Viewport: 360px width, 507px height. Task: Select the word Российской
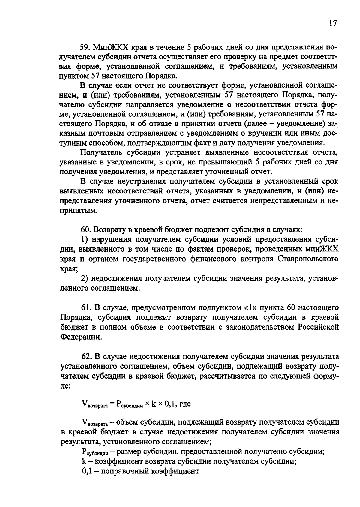318,327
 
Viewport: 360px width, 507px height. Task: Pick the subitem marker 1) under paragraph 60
85,239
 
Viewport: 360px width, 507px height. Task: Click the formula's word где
184,404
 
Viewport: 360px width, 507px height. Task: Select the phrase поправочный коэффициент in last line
150,471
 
